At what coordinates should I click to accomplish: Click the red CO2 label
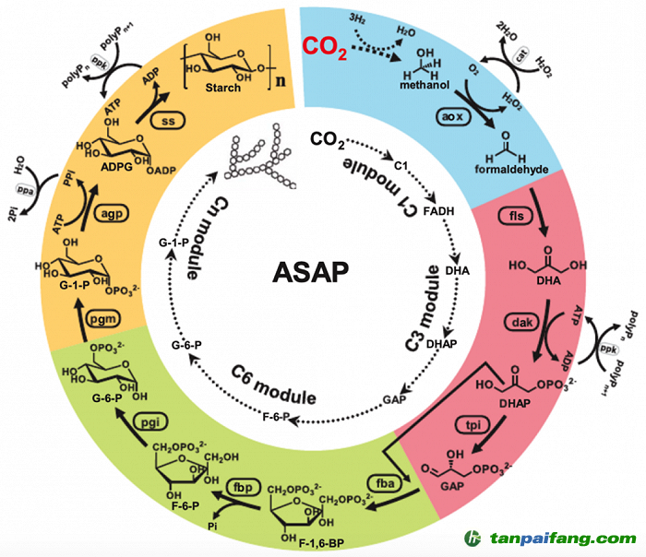(326, 46)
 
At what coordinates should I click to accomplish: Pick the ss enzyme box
(169, 122)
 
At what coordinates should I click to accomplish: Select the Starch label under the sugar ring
(226, 88)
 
